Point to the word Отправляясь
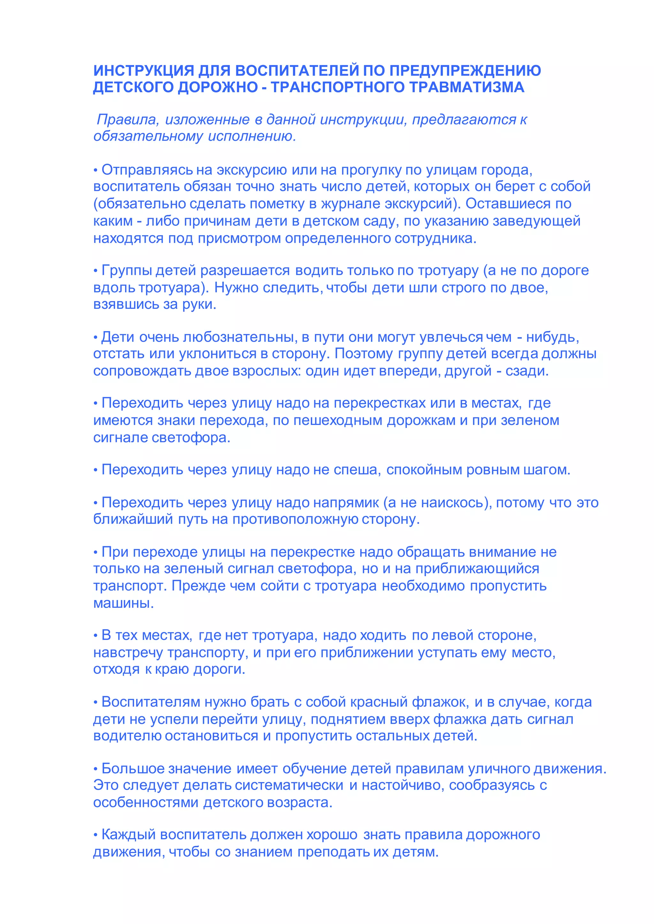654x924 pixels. (x=147, y=171)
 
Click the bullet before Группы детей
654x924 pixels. (x=96, y=271)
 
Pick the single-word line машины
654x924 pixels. (x=123, y=603)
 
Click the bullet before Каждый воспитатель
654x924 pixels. (x=96, y=835)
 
